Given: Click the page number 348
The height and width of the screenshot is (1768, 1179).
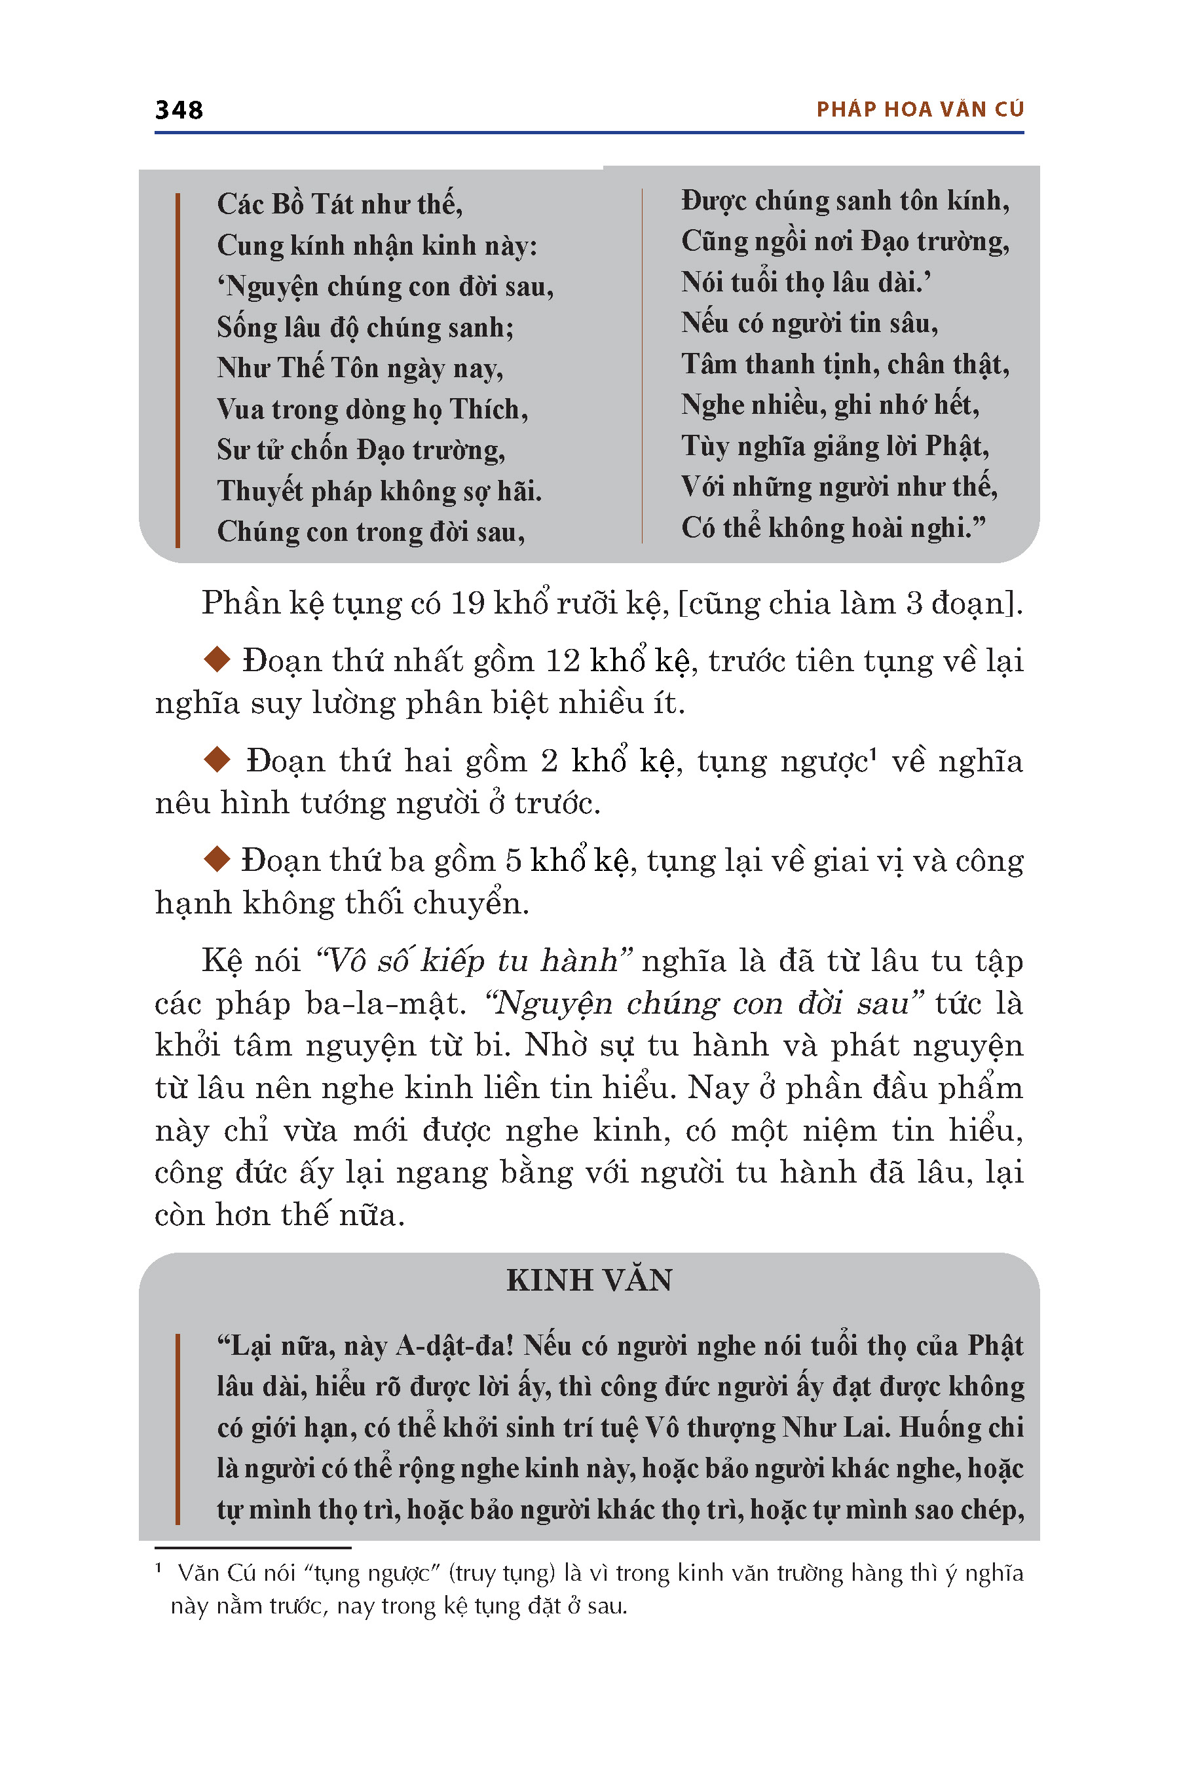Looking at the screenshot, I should pyautogui.click(x=179, y=110).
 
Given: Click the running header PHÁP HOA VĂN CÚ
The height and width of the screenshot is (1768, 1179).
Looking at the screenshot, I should pyautogui.click(x=920, y=110).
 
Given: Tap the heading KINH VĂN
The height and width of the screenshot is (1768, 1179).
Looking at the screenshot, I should pyautogui.click(x=589, y=1280).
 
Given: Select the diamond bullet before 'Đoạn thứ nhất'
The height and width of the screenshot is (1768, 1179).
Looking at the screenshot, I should pyautogui.click(x=217, y=659).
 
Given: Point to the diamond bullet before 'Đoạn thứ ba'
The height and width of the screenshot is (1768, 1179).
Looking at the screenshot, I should pyautogui.click(x=217, y=858).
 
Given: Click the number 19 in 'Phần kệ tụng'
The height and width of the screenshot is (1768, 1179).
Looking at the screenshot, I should pyautogui.click(x=467, y=603).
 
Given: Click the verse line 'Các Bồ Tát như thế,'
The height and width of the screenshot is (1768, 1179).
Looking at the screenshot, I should pyautogui.click(x=339, y=204).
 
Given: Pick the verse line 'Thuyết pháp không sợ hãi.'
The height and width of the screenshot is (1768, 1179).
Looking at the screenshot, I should pyautogui.click(x=379, y=491).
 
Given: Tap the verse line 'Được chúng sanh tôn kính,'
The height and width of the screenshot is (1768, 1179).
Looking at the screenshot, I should pyautogui.click(x=844, y=200).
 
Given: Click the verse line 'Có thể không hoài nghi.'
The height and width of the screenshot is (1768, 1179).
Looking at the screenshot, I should pyautogui.click(x=833, y=528).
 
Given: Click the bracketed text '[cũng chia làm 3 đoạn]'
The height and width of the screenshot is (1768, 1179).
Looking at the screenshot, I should pyautogui.click(x=850, y=603).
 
